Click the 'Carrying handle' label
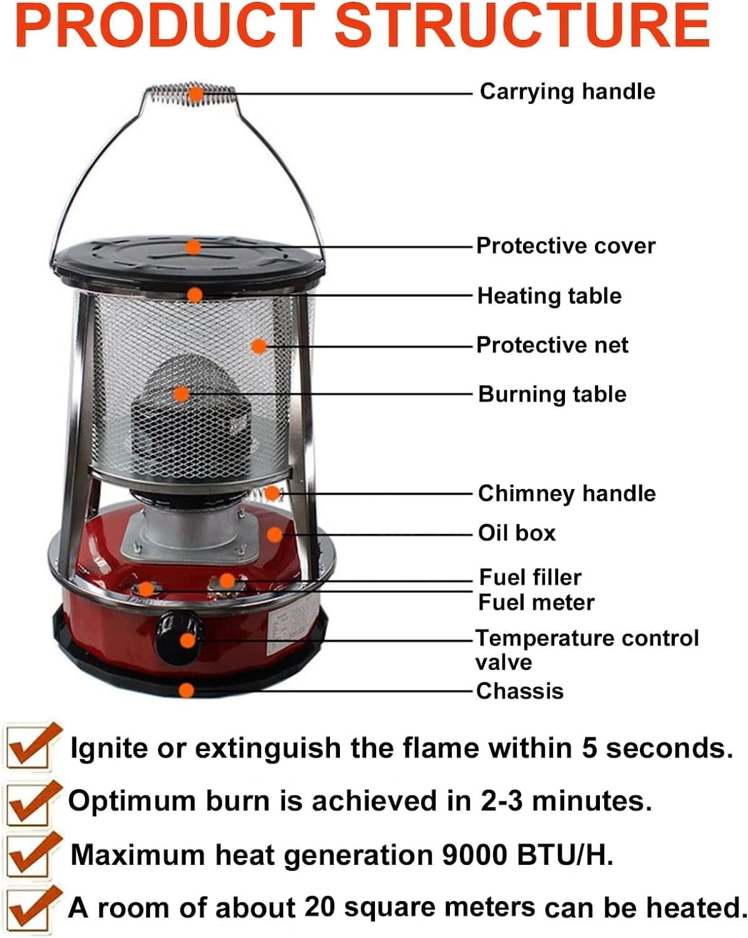pyautogui.click(x=567, y=92)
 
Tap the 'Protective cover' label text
pyautogui.click(x=566, y=246)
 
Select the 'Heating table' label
pyautogui.click(x=549, y=295)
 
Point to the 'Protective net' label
pyautogui.click(x=552, y=345)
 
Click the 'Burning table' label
pyautogui.click(x=552, y=394)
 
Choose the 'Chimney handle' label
pyautogui.click(x=567, y=493)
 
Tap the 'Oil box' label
pyautogui.click(x=517, y=533)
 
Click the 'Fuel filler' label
pyautogui.click(x=530, y=577)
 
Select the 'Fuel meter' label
pyautogui.click(x=536, y=602)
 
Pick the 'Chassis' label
pyautogui.click(x=520, y=691)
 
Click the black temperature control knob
pyautogui.click(x=180, y=638)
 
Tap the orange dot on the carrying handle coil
pyautogui.click(x=196, y=95)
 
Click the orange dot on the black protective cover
pyautogui.click(x=194, y=247)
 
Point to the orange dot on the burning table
pyautogui.click(x=181, y=393)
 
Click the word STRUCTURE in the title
pyautogui.click(x=523, y=26)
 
